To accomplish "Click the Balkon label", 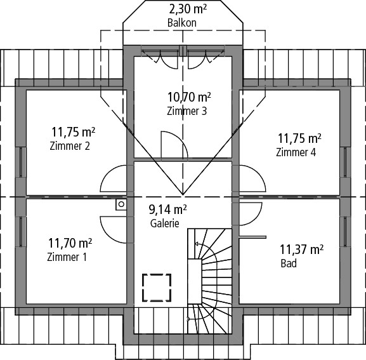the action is (182, 23).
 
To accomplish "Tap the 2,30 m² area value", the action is (188, 9).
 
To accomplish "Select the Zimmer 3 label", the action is (186, 111).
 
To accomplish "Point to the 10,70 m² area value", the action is (189, 97).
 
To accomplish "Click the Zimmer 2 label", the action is (70, 146).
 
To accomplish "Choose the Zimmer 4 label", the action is (296, 152).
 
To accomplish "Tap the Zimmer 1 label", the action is (67, 257).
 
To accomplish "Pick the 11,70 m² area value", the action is (70, 243).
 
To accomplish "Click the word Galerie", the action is (165, 223).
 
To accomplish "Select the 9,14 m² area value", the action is (167, 210).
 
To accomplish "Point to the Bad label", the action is (289, 263).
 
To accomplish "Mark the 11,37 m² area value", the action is (301, 250).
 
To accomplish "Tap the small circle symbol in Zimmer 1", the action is (121, 204).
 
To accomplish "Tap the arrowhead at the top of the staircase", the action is (196, 244).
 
